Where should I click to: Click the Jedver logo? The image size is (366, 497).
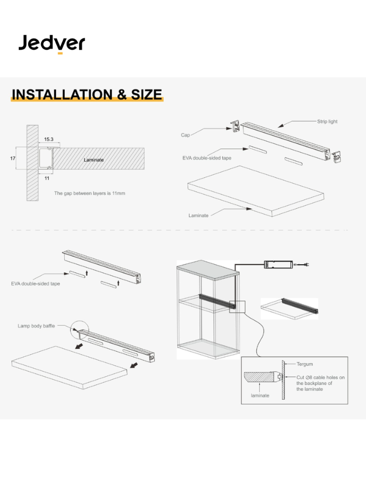51,43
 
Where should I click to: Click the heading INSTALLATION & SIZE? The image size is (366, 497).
87,95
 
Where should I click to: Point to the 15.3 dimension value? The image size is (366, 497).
49,140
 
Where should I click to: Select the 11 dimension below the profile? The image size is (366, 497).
47,178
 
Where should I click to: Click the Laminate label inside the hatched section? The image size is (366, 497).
94,159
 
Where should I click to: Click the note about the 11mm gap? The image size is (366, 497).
89,193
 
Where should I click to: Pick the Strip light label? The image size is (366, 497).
327,121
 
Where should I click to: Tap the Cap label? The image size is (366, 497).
185,135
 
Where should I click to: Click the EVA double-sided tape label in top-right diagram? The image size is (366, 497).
208,157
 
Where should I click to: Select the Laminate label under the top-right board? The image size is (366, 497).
198,215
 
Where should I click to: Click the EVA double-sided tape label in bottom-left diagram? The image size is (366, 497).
36,284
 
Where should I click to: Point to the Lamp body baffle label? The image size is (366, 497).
36,326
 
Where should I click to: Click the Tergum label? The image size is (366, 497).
305,364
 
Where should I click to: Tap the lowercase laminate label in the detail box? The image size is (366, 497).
260,395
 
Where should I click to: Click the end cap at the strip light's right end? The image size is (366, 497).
338,155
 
